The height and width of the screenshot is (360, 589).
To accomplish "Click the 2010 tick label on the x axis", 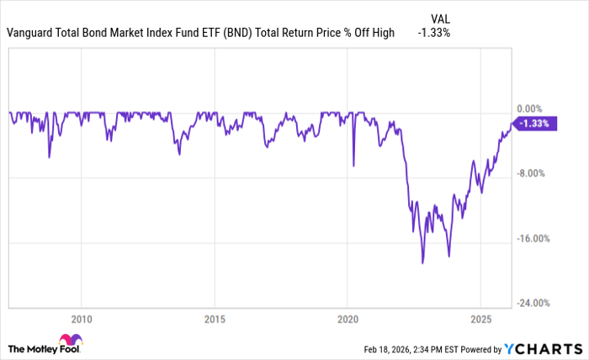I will point(81,319).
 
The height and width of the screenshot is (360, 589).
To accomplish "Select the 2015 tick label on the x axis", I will point(215,319).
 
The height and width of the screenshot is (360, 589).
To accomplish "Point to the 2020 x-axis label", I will point(348,319).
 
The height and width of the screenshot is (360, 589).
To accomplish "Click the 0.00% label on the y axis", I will point(528,109).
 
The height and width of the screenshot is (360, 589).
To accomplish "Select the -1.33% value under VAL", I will point(434,33).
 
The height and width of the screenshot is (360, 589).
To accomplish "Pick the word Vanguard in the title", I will point(30,33).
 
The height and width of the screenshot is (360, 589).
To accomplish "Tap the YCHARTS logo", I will point(542,348).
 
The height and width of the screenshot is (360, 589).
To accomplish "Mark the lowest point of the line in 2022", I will point(422,263).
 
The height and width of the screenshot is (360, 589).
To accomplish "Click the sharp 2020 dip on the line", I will point(353,166).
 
